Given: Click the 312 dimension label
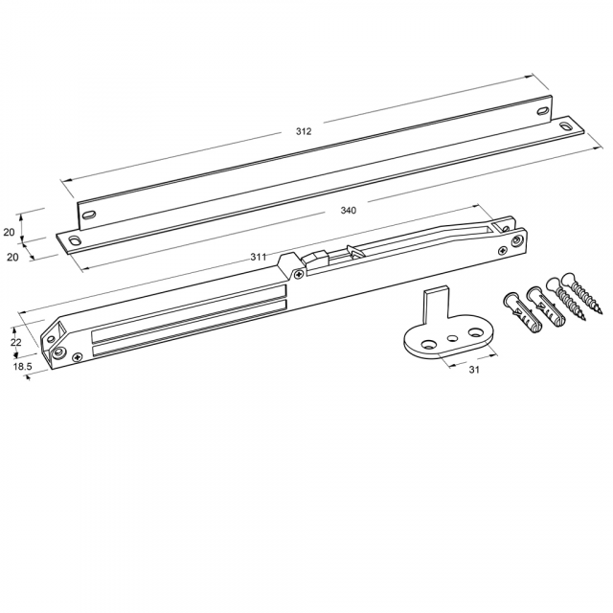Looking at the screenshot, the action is (x=304, y=131).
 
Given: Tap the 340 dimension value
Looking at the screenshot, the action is (x=348, y=211).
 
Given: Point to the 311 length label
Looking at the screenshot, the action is (x=258, y=257).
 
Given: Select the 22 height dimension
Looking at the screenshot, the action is (x=15, y=342).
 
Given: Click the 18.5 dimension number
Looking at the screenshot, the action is (x=22, y=367).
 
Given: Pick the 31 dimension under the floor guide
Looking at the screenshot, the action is (x=474, y=370).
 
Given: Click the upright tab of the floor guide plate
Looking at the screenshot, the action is (x=436, y=304).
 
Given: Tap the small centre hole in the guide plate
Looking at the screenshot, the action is (x=452, y=337).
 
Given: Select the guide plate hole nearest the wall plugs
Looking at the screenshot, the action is (x=476, y=332).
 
